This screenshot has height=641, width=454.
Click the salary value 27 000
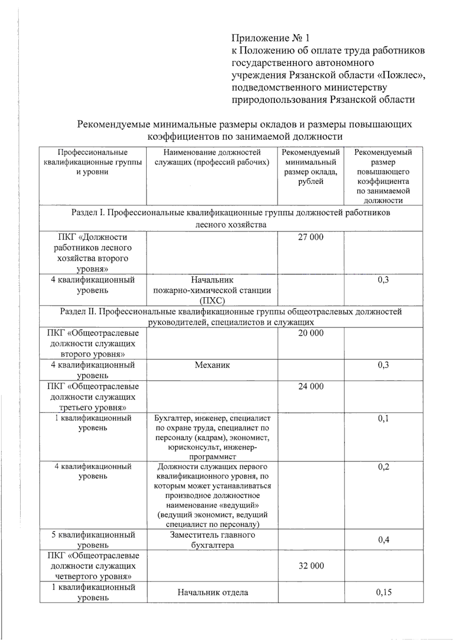pos(311,237)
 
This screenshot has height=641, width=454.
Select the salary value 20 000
pos(311,333)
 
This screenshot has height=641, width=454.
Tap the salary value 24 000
pos(311,386)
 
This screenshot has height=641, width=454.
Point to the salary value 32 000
pos(311,565)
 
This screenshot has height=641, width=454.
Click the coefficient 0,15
pos(384,592)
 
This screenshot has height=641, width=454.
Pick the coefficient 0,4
pos(384,539)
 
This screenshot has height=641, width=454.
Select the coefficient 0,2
pos(383,467)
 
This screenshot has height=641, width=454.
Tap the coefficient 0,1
pos(383,418)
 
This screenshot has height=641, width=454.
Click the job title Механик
pos(212,365)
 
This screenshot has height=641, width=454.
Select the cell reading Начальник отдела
pos(213,592)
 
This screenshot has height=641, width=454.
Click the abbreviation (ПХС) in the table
pos(212,301)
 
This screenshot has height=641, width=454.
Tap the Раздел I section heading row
pos(231,218)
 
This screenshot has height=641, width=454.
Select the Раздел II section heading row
pos(231,316)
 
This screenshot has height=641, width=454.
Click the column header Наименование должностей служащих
pos(212,157)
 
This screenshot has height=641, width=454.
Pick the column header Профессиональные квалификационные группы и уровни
pos(93,162)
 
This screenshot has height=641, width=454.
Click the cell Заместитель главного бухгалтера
pos(212,540)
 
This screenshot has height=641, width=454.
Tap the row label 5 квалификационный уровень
pos(93,540)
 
